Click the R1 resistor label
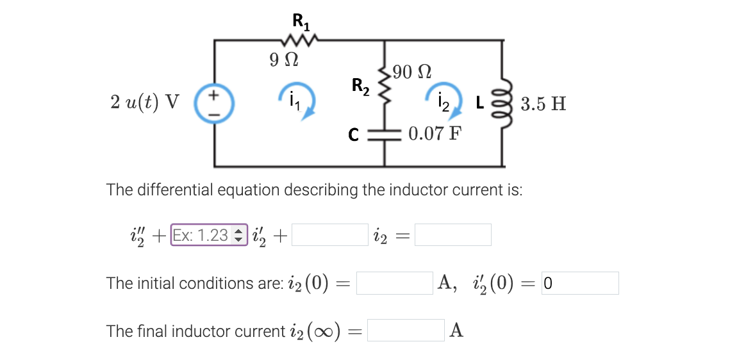pos(301,21)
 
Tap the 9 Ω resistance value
pos(283,61)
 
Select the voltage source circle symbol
pos(214,102)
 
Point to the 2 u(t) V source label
pos(145,102)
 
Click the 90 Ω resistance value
pos(412,71)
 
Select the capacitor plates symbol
pos(384,135)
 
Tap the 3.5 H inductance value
pos(543,104)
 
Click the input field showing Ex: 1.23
pos(209,235)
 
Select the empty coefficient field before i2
pos(330,235)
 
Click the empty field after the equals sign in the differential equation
pos(453,235)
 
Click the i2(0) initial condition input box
pos(394,283)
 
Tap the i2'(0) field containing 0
pos(580,283)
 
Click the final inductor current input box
pos(405,331)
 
